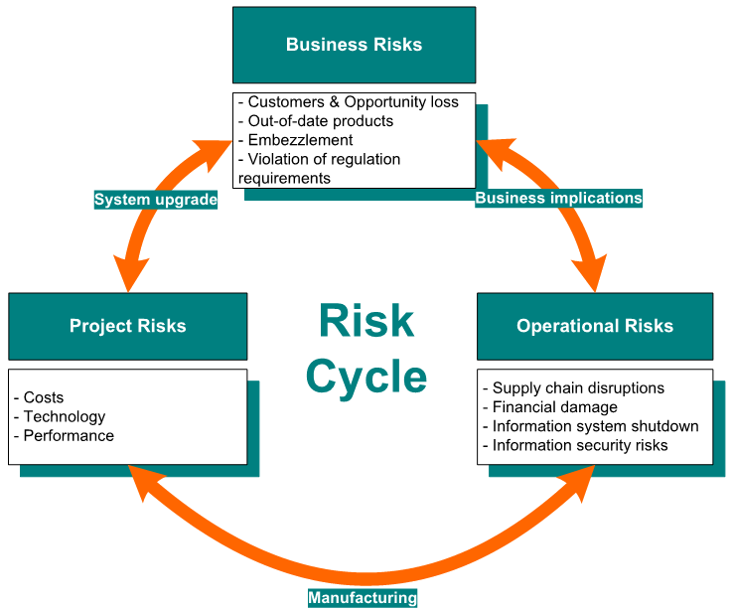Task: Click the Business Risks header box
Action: click(354, 45)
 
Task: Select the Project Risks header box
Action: click(127, 326)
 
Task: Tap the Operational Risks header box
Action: click(594, 326)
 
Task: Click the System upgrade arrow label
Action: click(156, 200)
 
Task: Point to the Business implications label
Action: click(558, 198)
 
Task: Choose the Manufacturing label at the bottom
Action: click(362, 598)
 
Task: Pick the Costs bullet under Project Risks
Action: click(43, 397)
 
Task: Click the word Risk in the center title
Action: click(366, 322)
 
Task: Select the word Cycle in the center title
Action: click(366, 377)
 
